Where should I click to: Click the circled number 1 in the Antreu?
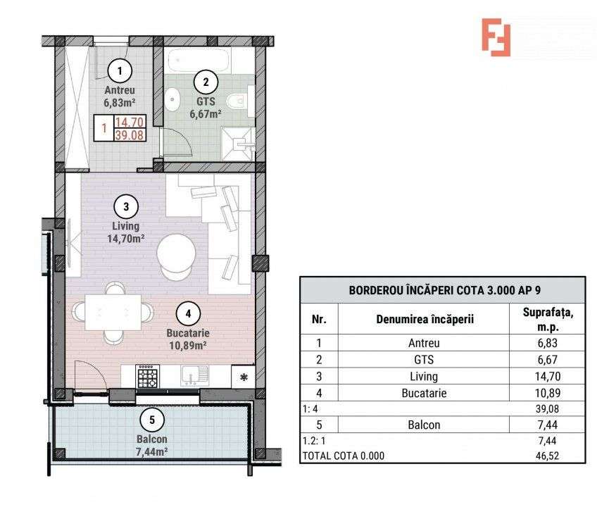120,70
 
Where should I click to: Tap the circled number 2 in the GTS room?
206,82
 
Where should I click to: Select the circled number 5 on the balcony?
152,420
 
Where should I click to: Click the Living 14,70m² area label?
126,232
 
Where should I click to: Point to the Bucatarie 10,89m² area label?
188,339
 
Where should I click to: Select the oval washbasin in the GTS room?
172,99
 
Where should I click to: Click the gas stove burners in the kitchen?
148,377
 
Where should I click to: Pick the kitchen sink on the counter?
194,376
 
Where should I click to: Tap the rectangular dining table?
113,313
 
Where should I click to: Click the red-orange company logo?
496,37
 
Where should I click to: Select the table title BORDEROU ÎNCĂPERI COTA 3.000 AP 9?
445,290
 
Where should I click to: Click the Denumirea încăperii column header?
425,320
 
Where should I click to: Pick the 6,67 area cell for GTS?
548,359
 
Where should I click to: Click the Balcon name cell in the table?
424,425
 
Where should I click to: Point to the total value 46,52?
547,456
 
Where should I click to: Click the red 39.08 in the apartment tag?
130,135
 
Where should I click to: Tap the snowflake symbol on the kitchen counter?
244,377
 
